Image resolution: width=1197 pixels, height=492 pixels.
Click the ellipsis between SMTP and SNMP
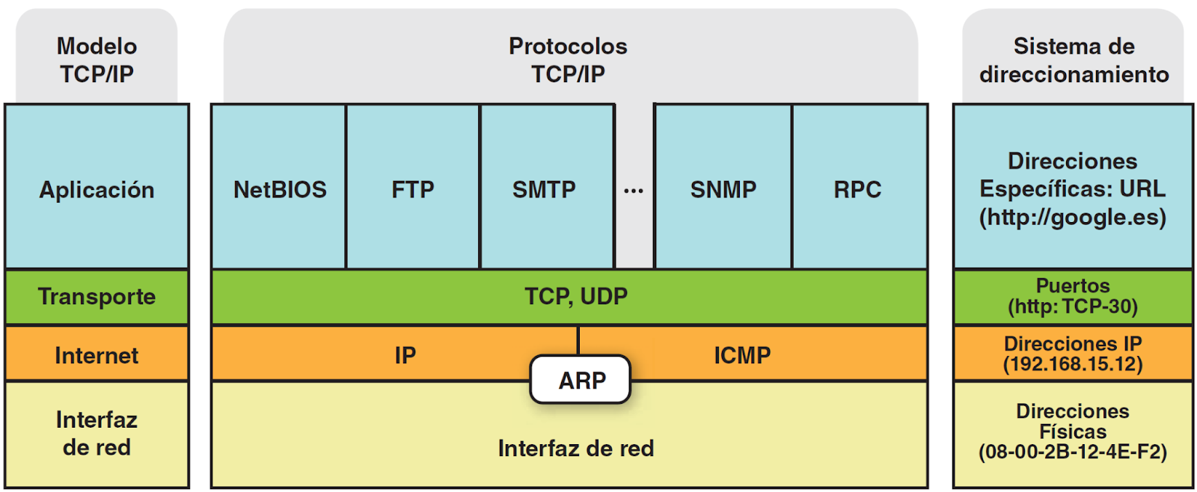click(634, 191)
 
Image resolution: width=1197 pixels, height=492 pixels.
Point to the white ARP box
click(581, 380)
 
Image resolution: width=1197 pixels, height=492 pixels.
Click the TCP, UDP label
click(575, 296)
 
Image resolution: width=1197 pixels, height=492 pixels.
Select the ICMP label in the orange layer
click(741, 354)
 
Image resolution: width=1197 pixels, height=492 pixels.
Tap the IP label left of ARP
click(405, 354)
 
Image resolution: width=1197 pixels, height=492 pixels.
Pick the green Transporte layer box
click(97, 296)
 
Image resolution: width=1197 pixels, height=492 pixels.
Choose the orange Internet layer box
click(97, 354)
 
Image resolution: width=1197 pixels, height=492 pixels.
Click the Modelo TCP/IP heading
click(97, 60)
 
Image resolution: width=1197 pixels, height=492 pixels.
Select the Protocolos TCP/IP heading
click(568, 60)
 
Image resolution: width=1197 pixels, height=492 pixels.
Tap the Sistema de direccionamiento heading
click(1074, 60)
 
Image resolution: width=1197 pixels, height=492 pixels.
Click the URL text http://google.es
click(1073, 218)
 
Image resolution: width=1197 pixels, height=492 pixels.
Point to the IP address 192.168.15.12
click(1073, 364)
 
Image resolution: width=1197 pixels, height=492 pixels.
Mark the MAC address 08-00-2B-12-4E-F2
click(1073, 452)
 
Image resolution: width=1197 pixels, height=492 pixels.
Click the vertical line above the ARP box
click(578, 341)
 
